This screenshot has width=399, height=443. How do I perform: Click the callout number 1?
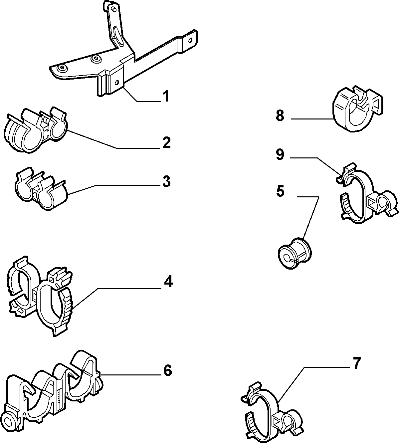tap(165, 96)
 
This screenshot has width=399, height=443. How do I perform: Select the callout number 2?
tap(166, 143)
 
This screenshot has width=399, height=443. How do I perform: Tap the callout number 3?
tap(166, 181)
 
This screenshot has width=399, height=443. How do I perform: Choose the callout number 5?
tap(280, 191)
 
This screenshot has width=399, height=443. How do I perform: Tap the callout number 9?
tap(280, 154)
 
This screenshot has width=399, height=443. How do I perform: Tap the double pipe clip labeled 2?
tap(35, 130)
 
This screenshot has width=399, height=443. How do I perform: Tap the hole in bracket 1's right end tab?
tap(190, 40)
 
